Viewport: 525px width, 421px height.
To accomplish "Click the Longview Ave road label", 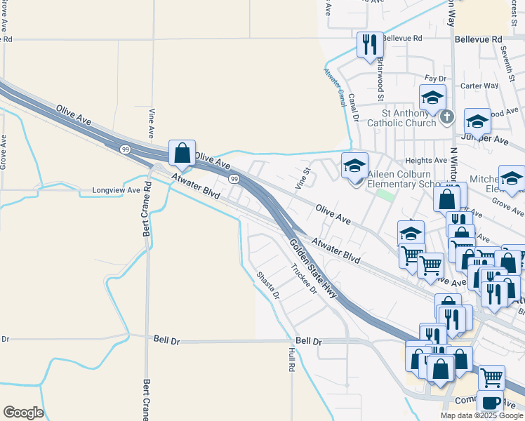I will (x=117, y=190).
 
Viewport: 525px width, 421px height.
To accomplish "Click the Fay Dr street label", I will (x=435, y=79).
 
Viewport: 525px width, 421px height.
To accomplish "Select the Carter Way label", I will (x=479, y=86).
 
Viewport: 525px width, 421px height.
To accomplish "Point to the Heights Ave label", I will (x=426, y=160).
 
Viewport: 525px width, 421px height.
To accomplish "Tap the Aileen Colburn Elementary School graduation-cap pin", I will (x=355, y=166).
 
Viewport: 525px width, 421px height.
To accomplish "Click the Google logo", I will (x=23, y=413).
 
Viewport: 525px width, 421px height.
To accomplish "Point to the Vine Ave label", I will (x=152, y=123).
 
